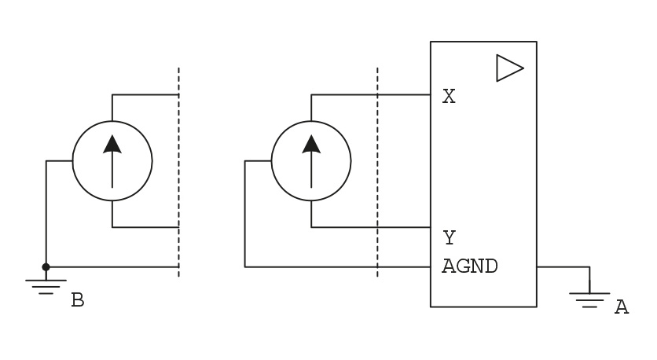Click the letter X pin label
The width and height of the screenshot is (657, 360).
point(449,97)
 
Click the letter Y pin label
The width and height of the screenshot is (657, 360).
point(450,237)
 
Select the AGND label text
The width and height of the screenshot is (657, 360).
point(470,266)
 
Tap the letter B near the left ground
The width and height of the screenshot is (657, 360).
point(78,300)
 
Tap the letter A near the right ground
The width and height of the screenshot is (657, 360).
point(622,307)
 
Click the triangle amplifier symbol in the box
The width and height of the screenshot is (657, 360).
point(510,68)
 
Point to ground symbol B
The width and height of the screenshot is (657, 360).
point(46,287)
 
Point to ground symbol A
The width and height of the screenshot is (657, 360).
point(589,300)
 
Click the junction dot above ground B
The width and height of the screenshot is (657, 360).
point(46,267)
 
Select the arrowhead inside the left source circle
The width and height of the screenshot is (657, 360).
point(112,144)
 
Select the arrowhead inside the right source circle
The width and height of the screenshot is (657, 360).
point(311,144)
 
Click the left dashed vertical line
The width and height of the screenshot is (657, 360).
point(179,172)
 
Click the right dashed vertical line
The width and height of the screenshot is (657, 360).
point(377,172)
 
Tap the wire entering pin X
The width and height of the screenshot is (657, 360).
point(371,94)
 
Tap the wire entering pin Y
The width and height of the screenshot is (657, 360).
point(371,227)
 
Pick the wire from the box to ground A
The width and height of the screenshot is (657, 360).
point(563,266)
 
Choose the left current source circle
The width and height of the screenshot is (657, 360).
point(72,161)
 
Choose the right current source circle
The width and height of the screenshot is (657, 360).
point(271,161)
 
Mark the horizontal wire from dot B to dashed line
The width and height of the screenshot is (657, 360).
point(112,267)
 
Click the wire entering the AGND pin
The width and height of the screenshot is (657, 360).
point(338,267)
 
